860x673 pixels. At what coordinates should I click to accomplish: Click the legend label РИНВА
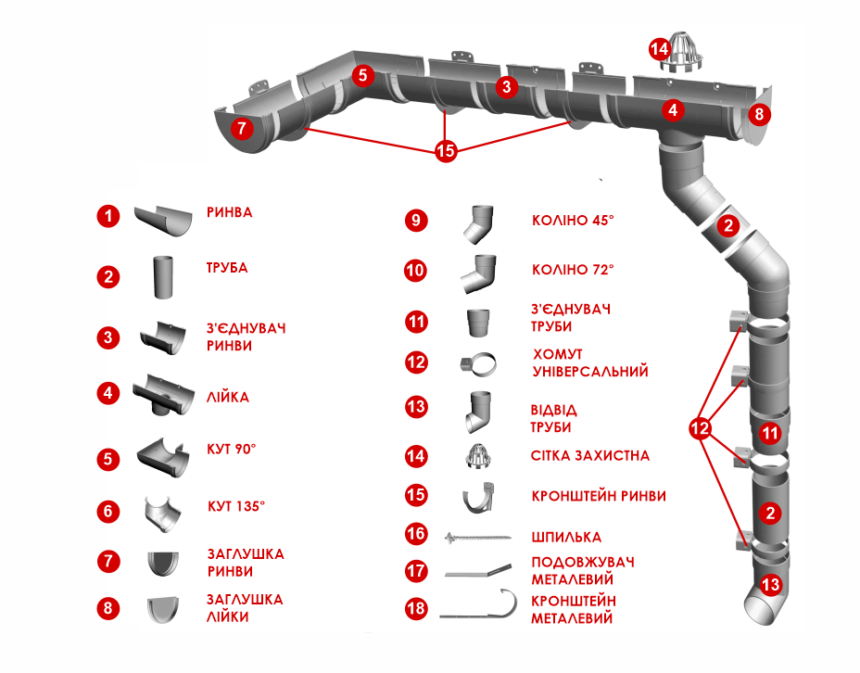pyautogui.click(x=229, y=212)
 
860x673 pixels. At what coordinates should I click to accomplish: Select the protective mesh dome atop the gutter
pyautogui.click(x=684, y=56)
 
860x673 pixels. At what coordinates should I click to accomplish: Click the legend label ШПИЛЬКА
pyautogui.click(x=566, y=537)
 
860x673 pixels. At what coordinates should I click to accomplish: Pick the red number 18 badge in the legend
pyautogui.click(x=416, y=609)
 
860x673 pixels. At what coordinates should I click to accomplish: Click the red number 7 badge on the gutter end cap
pyautogui.click(x=241, y=129)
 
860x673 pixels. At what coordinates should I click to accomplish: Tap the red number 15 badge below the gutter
pyautogui.click(x=446, y=150)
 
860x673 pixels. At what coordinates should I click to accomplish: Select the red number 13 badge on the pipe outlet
pyautogui.click(x=771, y=584)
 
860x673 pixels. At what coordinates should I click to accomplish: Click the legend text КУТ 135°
pyautogui.click(x=235, y=507)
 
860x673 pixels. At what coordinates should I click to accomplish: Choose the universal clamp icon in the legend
pyautogui.click(x=479, y=363)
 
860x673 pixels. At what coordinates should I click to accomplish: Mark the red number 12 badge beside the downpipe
pyautogui.click(x=701, y=428)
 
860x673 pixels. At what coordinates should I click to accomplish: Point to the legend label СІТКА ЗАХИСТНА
pyautogui.click(x=590, y=456)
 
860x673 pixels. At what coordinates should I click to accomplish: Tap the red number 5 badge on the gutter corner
pyautogui.click(x=363, y=74)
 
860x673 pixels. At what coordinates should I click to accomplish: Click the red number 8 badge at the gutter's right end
pyautogui.click(x=759, y=115)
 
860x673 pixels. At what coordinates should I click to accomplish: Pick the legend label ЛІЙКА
pyautogui.click(x=227, y=397)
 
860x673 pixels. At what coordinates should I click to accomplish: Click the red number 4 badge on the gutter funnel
pyautogui.click(x=674, y=110)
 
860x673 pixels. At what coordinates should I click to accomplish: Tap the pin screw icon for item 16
pyautogui.click(x=479, y=537)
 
